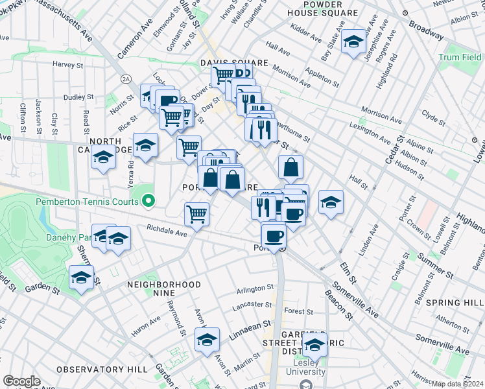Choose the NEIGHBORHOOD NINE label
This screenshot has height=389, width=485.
point(164,285)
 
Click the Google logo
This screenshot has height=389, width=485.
point(21,381)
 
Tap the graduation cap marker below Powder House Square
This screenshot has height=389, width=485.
point(353,43)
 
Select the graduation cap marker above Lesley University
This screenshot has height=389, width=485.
point(315,346)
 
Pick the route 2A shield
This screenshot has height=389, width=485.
point(126,78)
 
